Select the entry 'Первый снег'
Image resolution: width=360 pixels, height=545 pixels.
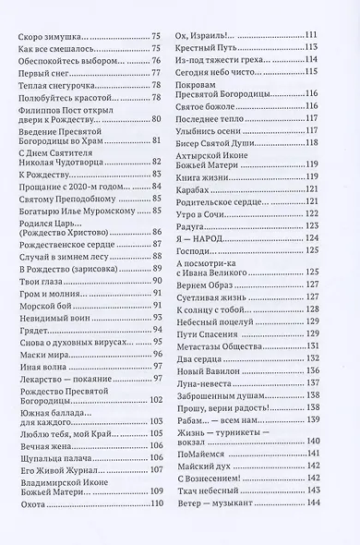tap(40, 71)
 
